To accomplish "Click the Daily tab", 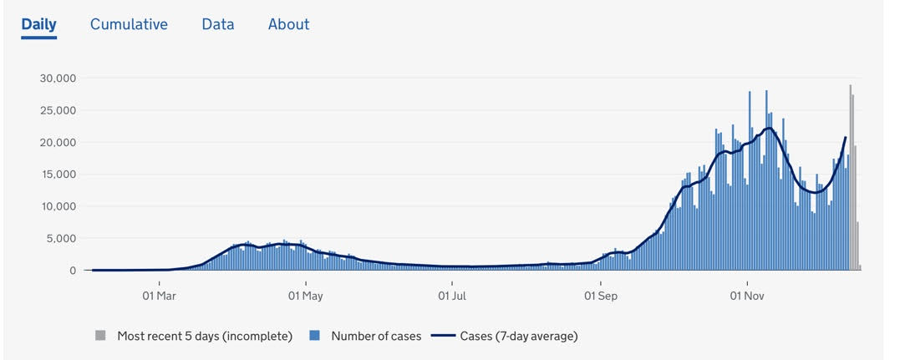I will pos(38,24).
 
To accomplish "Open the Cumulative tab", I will pos(129,24).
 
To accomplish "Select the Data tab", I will pos(217,24).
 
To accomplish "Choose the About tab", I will pos(288,24).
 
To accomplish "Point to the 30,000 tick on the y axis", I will pos(58,79).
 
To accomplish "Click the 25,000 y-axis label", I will pos(58,110).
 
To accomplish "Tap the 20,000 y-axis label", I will pos(58,143).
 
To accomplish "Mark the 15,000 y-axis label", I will pos(58,175).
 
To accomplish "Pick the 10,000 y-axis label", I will pos(58,206).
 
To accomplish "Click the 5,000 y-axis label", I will pos(62,239).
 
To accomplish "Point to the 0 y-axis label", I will pos(73,271).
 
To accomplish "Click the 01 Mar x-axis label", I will pos(159,296).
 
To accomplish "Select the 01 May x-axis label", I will pos(305,296).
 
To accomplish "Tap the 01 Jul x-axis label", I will pos(452,296).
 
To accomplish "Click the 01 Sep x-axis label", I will pos(600,296).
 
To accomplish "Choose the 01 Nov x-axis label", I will pos(747,296).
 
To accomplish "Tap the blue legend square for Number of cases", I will pos(315,336).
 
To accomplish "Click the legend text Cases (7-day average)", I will pos(518,336).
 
